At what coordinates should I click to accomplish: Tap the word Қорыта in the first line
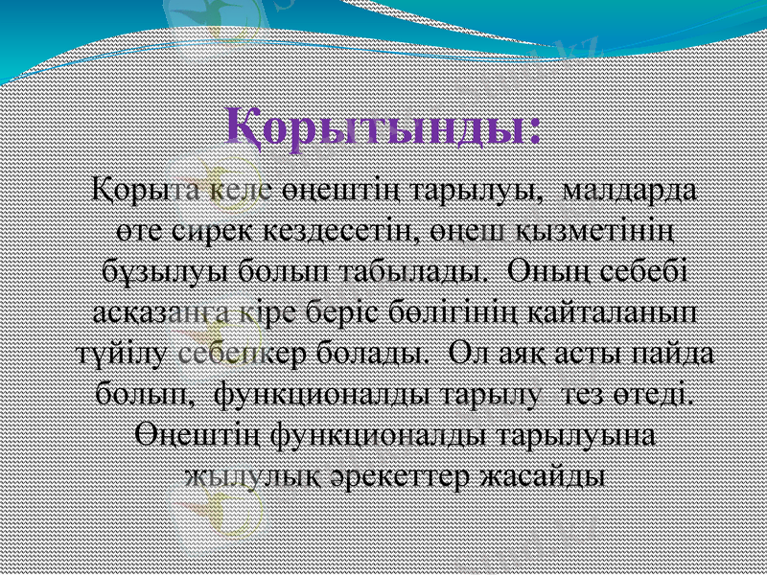pyautogui.click(x=133, y=188)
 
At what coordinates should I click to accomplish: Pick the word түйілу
pyautogui.click(x=112, y=352)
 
